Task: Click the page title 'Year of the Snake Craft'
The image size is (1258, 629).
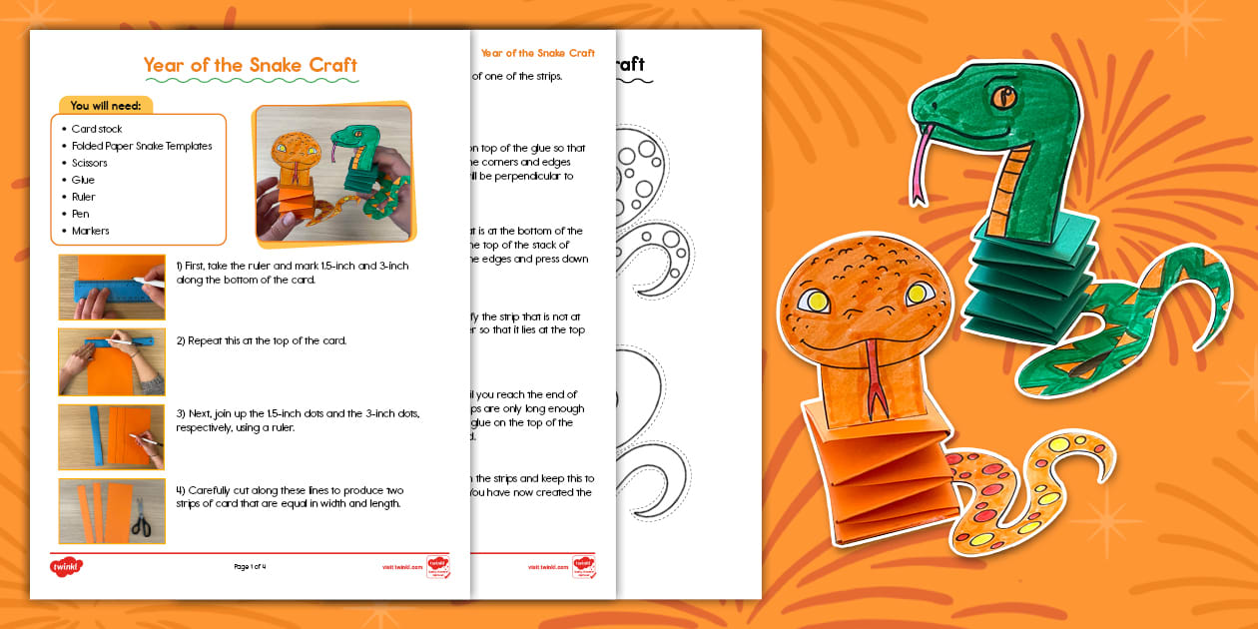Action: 250,66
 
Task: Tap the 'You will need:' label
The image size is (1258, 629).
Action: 105,106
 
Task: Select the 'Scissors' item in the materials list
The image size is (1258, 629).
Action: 90,163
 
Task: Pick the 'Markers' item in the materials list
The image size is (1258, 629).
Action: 91,231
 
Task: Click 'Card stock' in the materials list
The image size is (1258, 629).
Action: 97,129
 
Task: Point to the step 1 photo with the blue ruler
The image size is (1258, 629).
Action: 112,287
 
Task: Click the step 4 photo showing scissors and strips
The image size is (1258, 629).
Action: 112,510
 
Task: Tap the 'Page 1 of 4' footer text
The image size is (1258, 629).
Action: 250,567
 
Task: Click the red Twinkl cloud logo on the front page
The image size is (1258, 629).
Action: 66,566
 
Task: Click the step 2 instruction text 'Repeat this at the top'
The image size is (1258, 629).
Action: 262,340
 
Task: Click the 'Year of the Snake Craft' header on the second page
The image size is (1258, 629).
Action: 537,53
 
